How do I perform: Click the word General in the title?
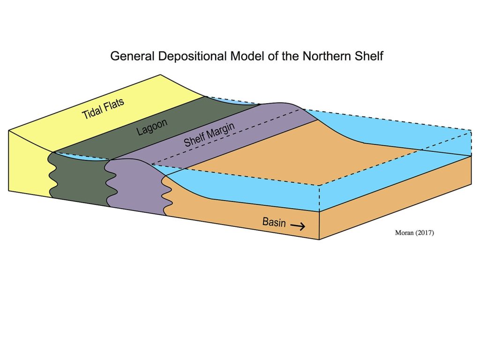(x=130, y=56)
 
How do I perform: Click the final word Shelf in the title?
(x=370, y=56)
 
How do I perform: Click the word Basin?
(x=274, y=222)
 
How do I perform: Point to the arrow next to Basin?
(x=298, y=226)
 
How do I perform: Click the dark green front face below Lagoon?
(x=80, y=178)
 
